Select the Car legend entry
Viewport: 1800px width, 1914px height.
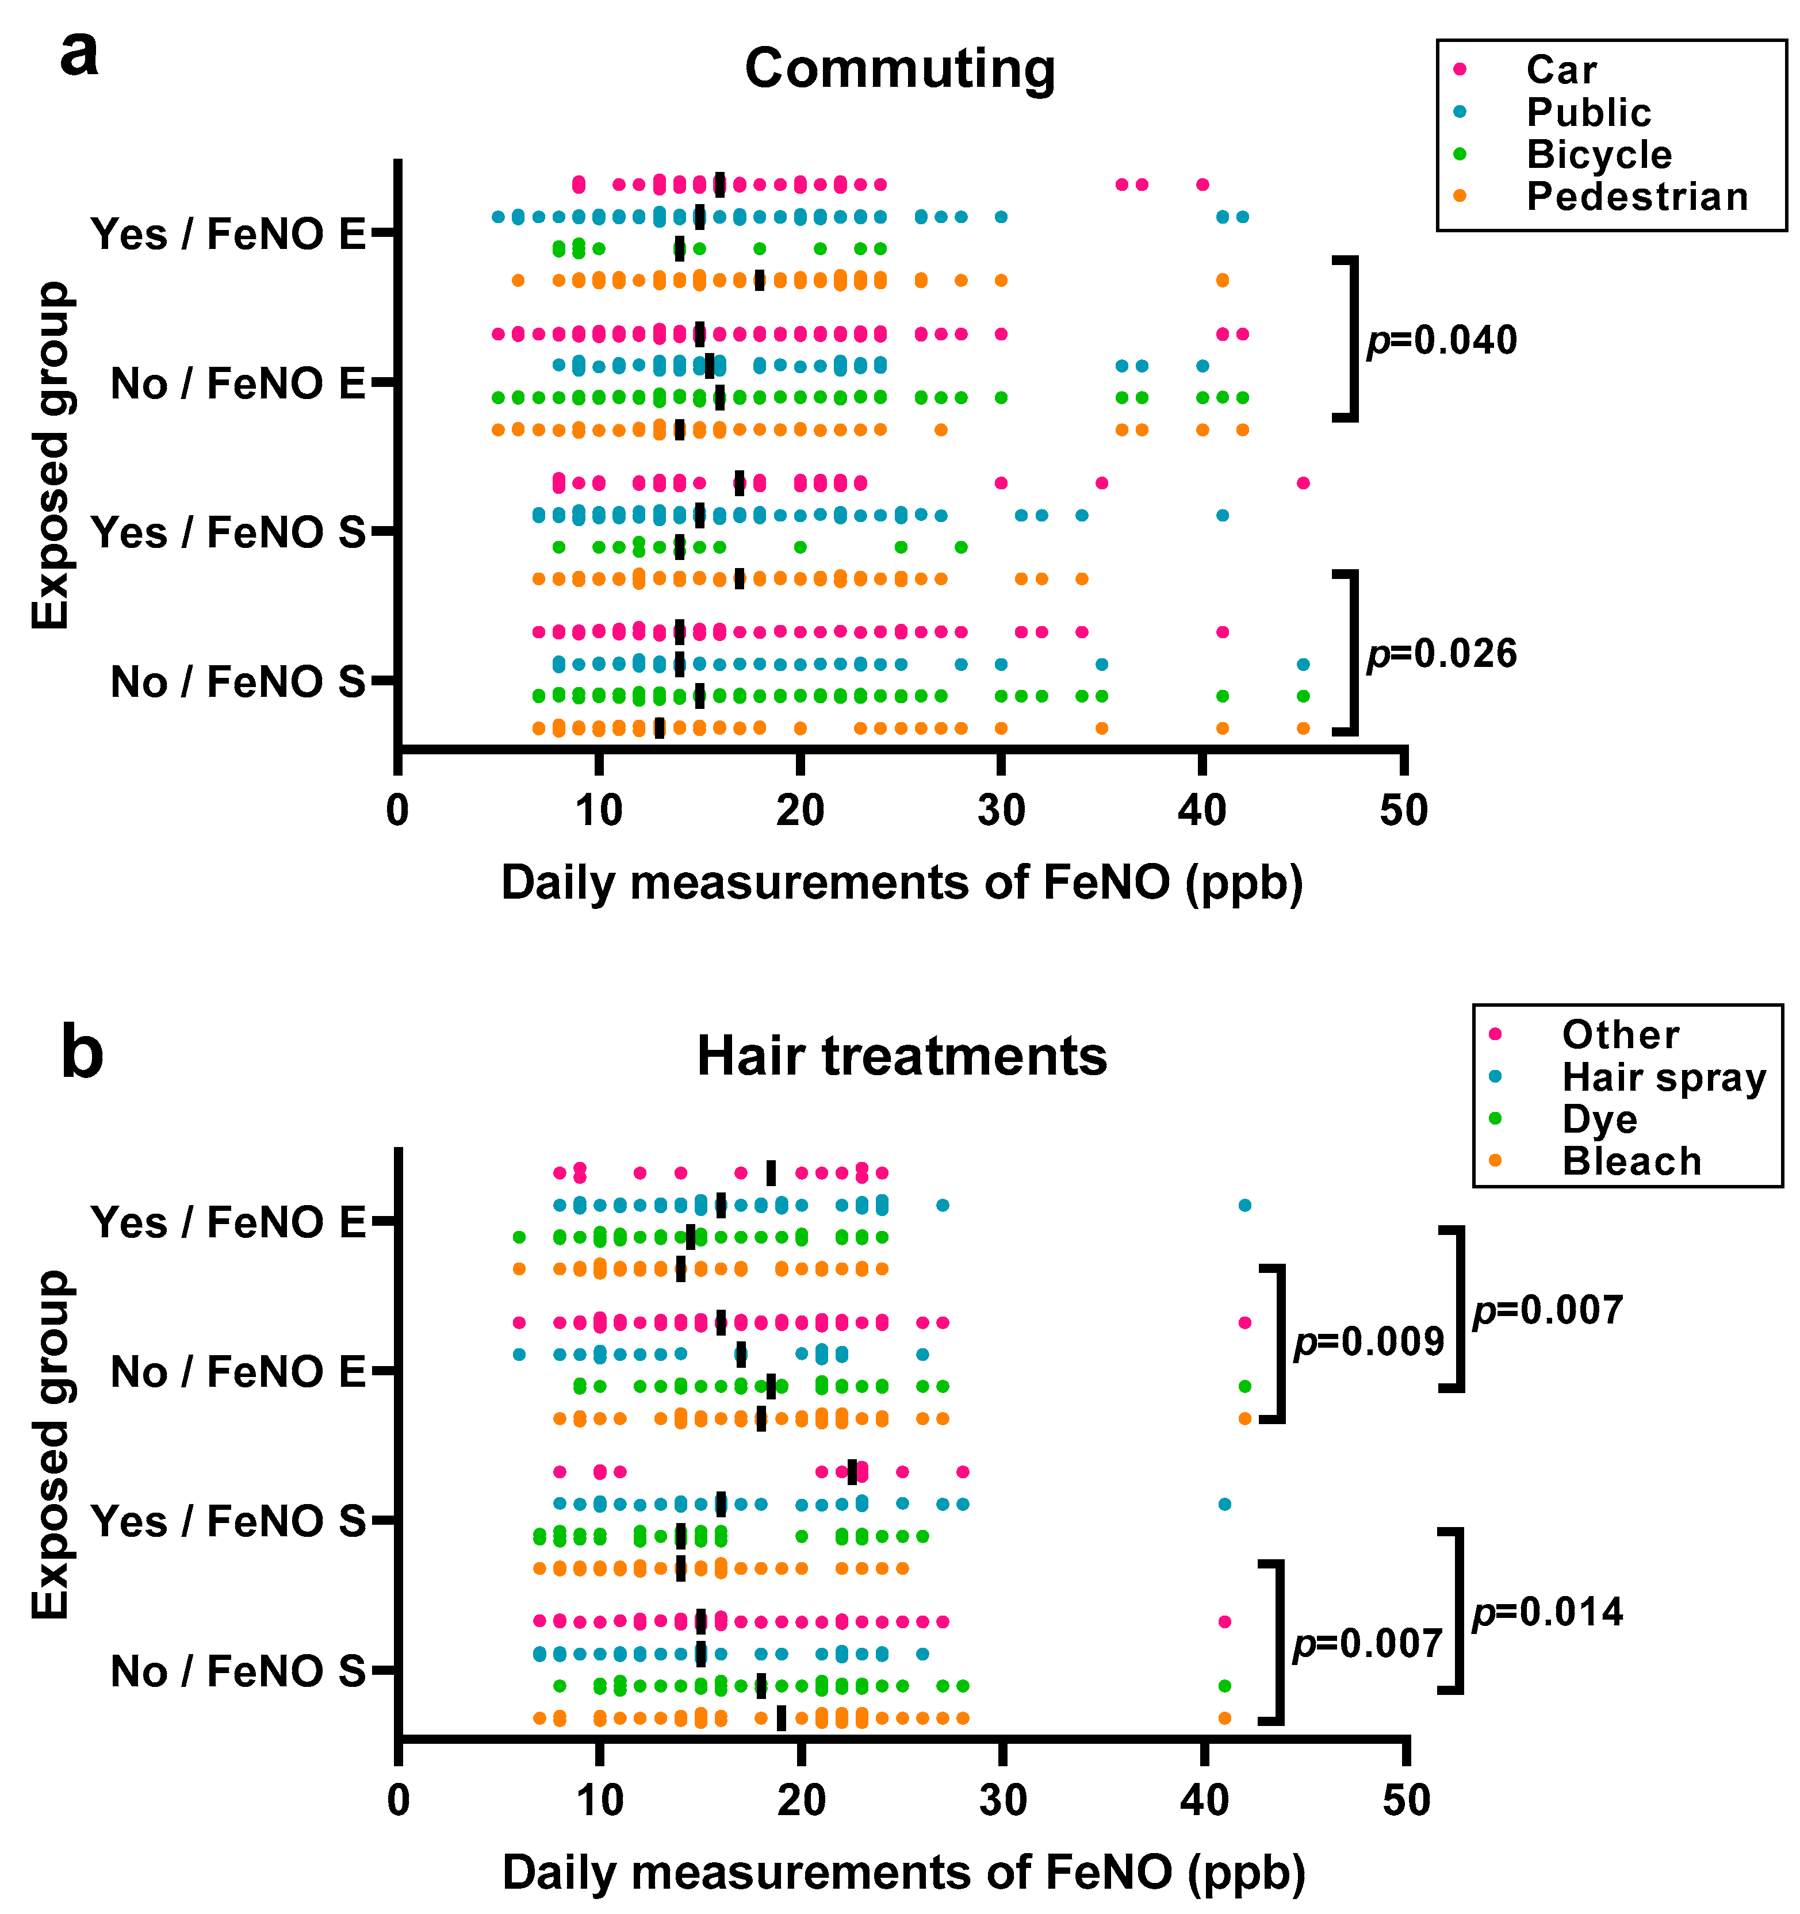click(x=1560, y=70)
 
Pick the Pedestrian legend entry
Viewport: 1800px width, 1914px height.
click(x=1636, y=197)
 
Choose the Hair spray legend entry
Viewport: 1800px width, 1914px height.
click(x=1663, y=1077)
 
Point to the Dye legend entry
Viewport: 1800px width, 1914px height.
click(x=1599, y=1119)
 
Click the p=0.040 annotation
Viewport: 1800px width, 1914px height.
click(x=1442, y=341)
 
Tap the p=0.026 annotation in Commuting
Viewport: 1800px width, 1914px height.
click(x=1442, y=654)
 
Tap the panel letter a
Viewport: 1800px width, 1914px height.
click(x=79, y=55)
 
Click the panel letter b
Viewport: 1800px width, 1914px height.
click(x=82, y=1054)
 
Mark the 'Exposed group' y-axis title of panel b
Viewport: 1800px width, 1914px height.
click(x=50, y=1444)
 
